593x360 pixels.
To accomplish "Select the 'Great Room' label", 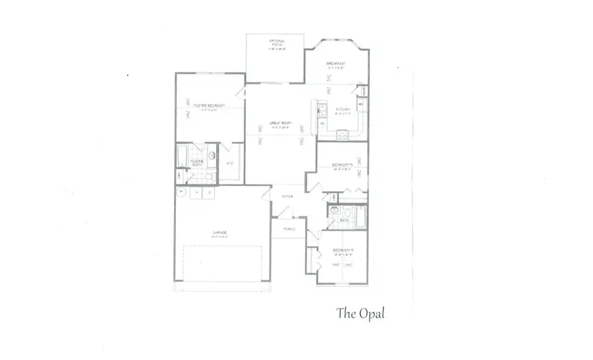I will click(x=280, y=123).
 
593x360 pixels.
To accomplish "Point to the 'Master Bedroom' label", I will click(x=209, y=106).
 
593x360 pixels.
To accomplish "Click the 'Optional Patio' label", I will click(x=275, y=44).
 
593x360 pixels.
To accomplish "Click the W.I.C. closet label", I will click(x=230, y=163).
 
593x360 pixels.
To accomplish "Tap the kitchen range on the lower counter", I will click(x=343, y=135).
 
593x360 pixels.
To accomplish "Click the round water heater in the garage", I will click(x=181, y=191).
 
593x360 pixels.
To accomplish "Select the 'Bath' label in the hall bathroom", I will click(x=344, y=221).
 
